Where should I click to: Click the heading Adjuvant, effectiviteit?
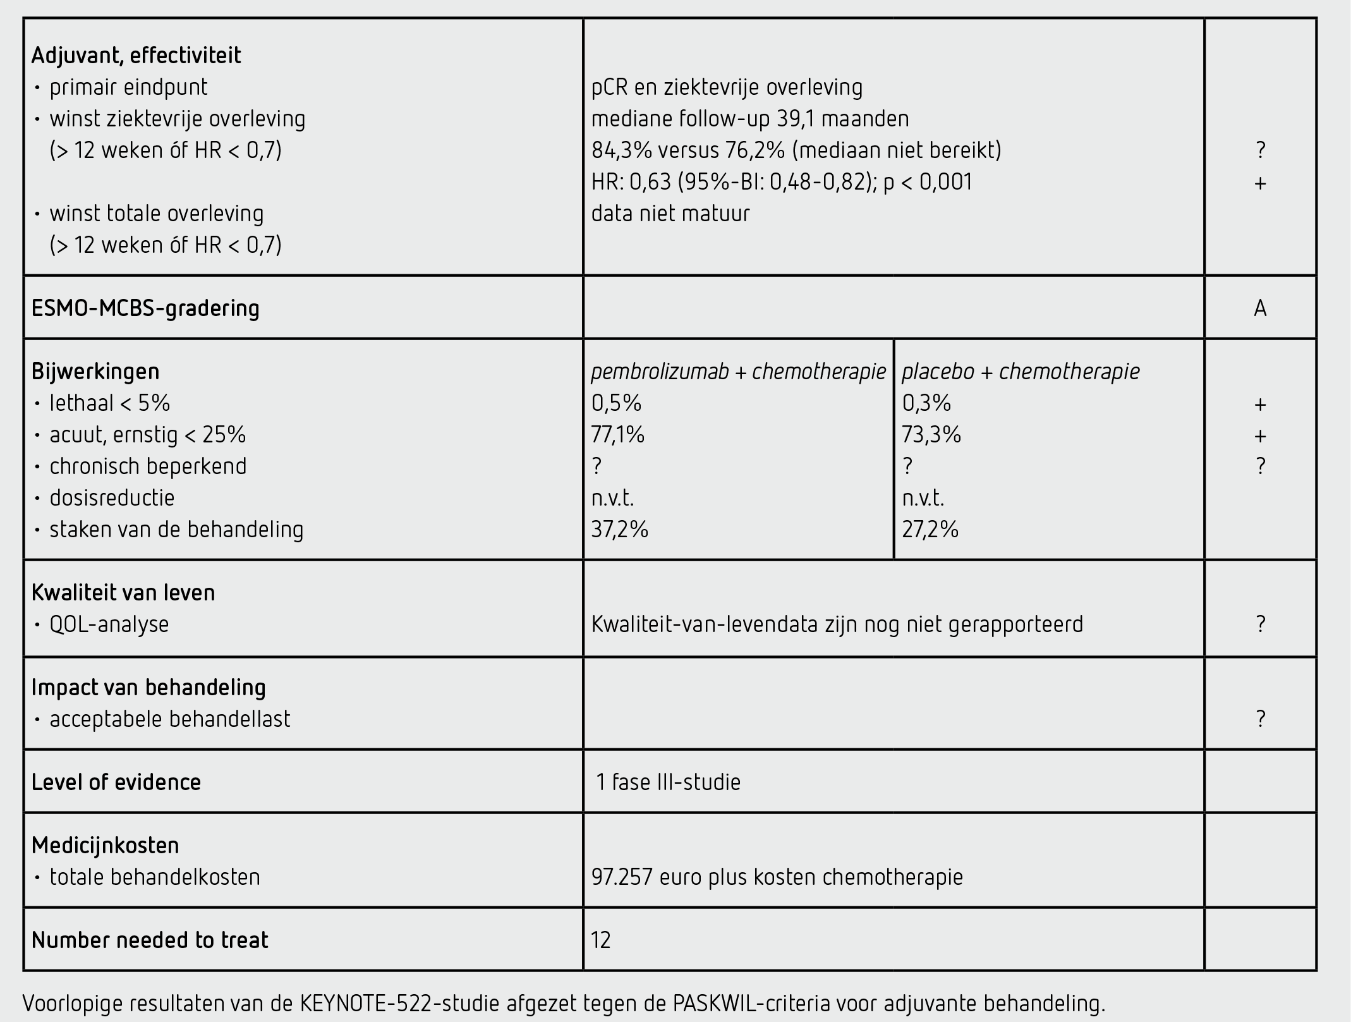pyautogui.click(x=136, y=56)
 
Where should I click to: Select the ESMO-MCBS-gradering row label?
pyautogui.click(x=145, y=308)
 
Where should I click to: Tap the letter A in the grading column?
pyautogui.click(x=1259, y=308)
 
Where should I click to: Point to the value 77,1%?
pyautogui.click(x=617, y=435)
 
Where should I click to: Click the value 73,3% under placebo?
pyautogui.click(x=931, y=435)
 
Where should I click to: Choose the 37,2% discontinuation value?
pyautogui.click(x=619, y=530)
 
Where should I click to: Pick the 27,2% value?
pyautogui.click(x=930, y=530)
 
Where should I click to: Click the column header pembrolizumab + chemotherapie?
pyautogui.click(x=738, y=372)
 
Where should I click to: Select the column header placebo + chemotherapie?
pyautogui.click(x=1020, y=372)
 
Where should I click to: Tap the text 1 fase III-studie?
pyautogui.click(x=668, y=782)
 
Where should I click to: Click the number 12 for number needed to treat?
pyautogui.click(x=601, y=940)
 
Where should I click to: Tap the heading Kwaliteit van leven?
pyautogui.click(x=123, y=593)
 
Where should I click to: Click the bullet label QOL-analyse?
pyautogui.click(x=109, y=624)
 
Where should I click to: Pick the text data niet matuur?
pyautogui.click(x=670, y=214)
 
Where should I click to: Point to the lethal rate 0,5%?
pyautogui.click(x=616, y=403)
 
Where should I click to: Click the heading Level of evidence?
pyautogui.click(x=116, y=782)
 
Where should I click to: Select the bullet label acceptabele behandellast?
pyautogui.click(x=169, y=719)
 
